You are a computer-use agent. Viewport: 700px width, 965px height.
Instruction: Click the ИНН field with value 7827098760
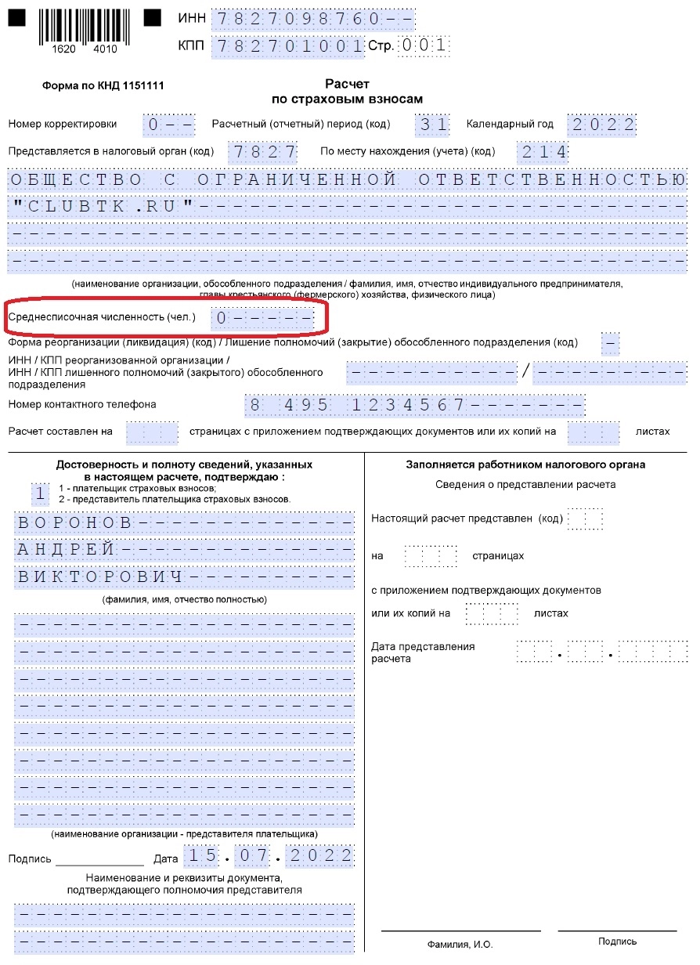point(313,18)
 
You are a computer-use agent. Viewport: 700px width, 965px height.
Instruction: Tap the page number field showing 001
point(424,45)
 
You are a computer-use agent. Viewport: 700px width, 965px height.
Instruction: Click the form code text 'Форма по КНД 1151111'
point(103,86)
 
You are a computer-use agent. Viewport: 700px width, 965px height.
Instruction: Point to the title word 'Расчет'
point(347,84)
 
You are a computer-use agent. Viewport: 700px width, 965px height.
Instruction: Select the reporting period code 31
point(433,125)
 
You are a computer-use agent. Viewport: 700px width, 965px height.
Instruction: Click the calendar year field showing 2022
point(601,125)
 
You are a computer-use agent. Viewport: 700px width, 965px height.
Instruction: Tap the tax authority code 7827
point(262,151)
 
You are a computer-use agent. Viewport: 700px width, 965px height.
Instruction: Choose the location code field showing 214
point(543,151)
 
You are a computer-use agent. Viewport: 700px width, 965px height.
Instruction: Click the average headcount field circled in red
point(263,318)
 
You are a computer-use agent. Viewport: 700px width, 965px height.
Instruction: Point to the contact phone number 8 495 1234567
point(357,405)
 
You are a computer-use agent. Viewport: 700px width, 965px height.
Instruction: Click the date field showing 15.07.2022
point(269,857)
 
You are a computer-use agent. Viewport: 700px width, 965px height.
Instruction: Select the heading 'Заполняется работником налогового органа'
point(525,464)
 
